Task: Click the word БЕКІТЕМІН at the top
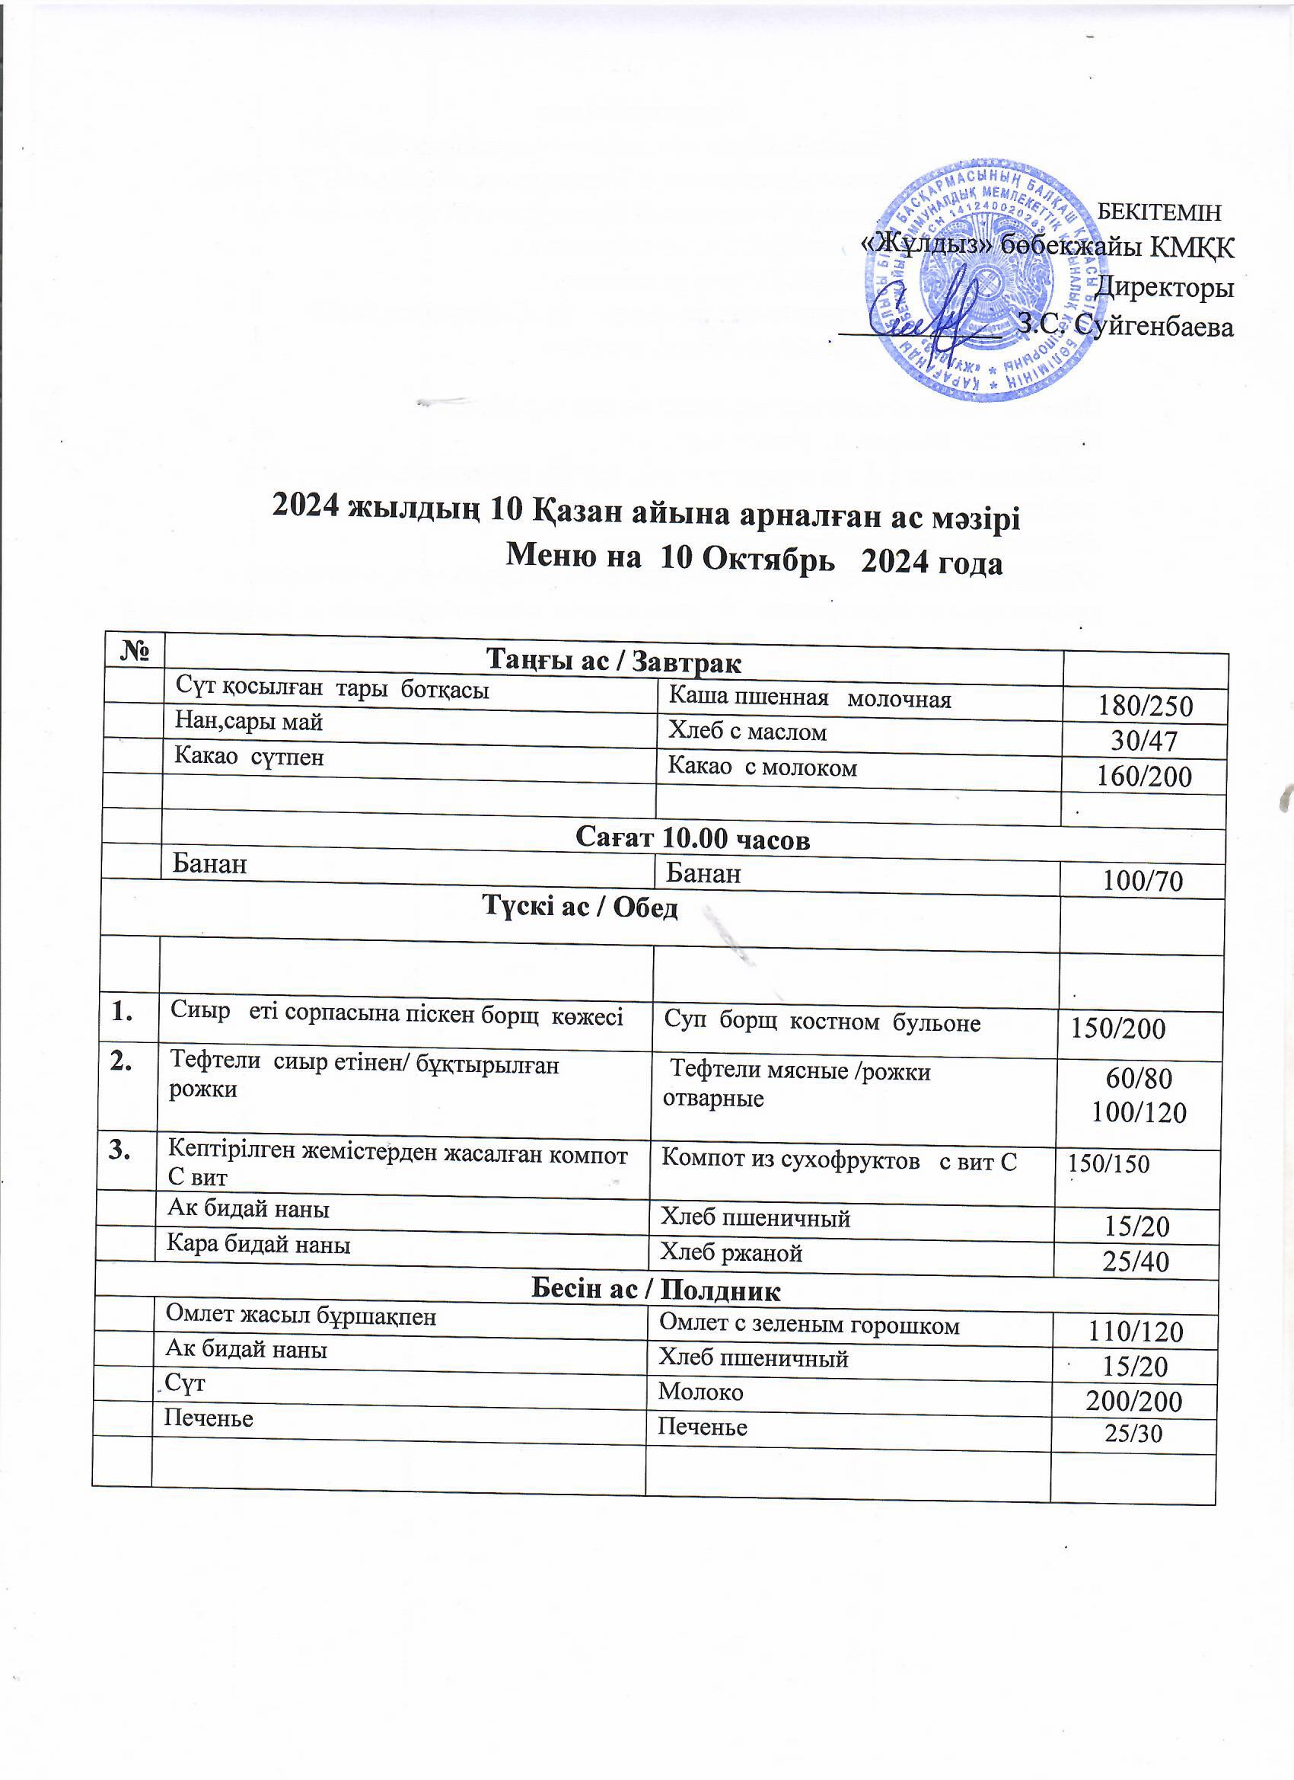click(x=1158, y=212)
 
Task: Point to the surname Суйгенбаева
click(x=1152, y=326)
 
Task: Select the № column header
click(x=135, y=651)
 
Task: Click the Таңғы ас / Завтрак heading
click(x=614, y=661)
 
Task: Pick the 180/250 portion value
click(x=1146, y=707)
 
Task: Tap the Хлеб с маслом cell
click(x=747, y=732)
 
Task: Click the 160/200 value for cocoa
click(x=1144, y=777)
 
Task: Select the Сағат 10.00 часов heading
click(x=692, y=839)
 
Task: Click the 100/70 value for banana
click(x=1143, y=882)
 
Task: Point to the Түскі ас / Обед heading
click(x=580, y=908)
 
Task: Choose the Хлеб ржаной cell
click(x=731, y=1253)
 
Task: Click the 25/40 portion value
click(x=1136, y=1262)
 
